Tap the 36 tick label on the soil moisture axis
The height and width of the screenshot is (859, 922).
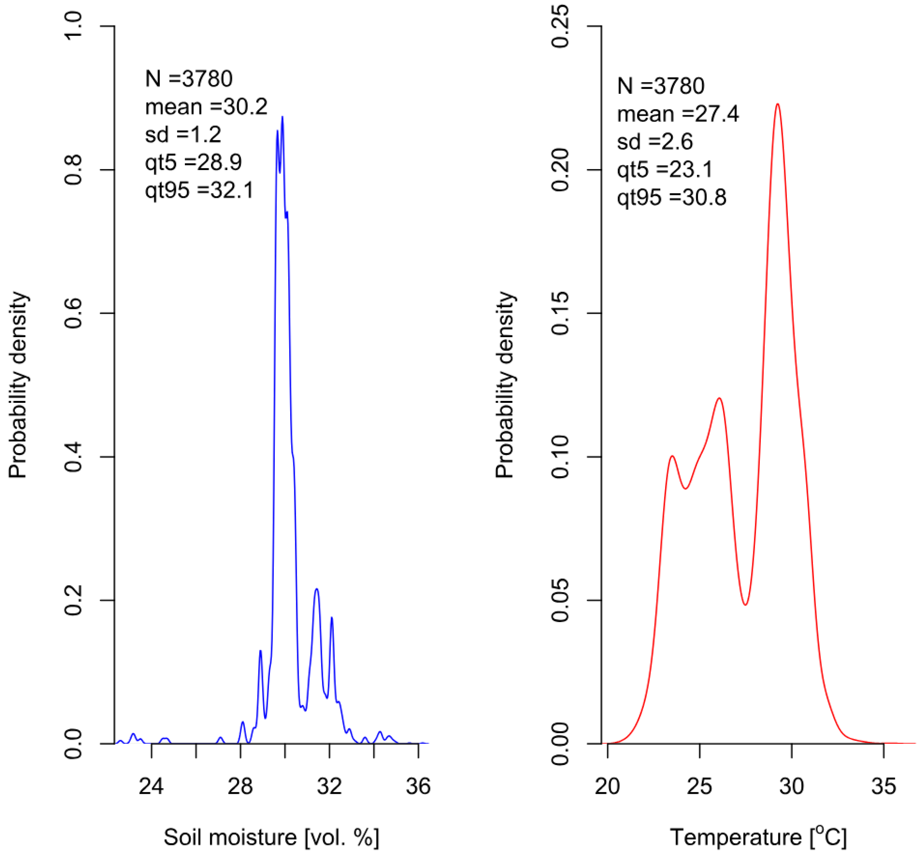[418, 786]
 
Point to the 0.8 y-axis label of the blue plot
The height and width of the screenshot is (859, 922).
[73, 170]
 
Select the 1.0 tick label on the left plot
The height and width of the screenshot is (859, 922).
[73, 26]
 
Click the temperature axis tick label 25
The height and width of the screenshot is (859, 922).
[699, 786]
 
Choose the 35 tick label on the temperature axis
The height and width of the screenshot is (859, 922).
[884, 786]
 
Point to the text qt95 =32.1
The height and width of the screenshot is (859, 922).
[199, 190]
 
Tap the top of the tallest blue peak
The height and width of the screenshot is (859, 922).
[282, 117]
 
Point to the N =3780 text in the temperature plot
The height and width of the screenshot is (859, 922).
[660, 86]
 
